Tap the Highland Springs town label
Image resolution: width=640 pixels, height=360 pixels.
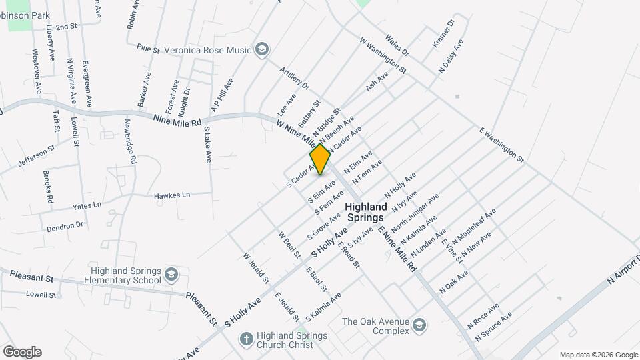click(365, 213)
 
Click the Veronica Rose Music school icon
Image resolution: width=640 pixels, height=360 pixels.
click(262, 49)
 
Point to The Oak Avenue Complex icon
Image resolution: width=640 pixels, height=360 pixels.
click(419, 325)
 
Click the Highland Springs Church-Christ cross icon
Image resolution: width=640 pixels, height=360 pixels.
click(246, 339)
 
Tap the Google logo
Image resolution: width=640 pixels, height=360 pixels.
click(22, 352)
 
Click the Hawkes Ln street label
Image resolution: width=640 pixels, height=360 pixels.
click(172, 195)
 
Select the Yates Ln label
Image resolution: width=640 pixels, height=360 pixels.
click(87, 205)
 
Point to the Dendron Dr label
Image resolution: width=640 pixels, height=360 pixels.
click(65, 227)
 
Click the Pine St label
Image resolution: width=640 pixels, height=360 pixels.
click(148, 49)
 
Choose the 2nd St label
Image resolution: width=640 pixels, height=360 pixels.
click(67, 27)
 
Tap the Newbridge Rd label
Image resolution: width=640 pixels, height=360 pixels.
click(131, 143)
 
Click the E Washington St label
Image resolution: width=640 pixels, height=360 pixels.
click(502, 145)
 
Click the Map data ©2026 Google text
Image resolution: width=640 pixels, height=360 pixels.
click(598, 355)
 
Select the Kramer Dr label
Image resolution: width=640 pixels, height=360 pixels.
click(443, 33)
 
